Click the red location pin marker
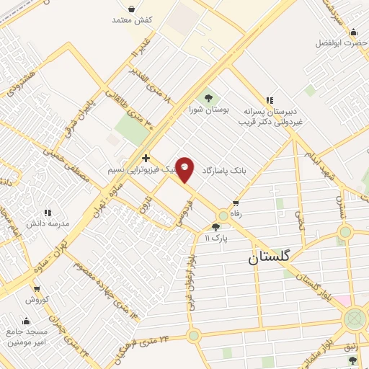coord(185,169)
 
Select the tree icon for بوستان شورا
coord(208,97)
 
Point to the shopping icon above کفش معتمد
coord(131,9)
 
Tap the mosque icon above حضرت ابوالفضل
coord(352,32)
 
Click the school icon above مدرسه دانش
coord(48,213)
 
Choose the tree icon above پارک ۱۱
coord(215,226)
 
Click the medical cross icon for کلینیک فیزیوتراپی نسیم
coord(146,158)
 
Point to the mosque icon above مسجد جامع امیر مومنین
coord(27,321)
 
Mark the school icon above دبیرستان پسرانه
coord(270,100)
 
